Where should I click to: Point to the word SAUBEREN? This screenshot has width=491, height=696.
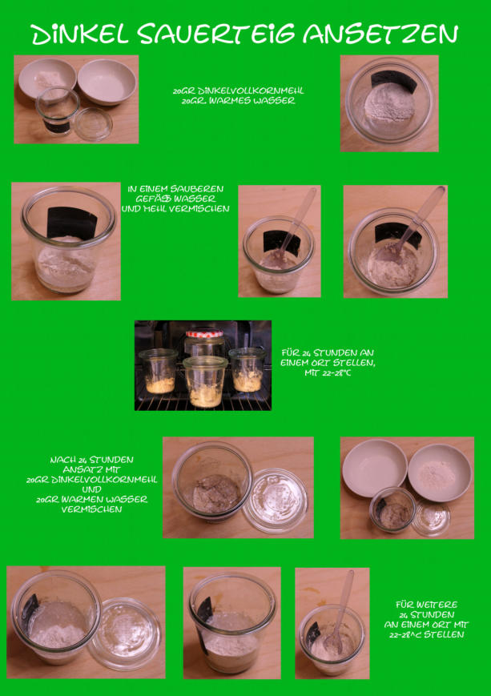click(197, 189)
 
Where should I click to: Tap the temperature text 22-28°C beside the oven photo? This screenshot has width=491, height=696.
click(328, 373)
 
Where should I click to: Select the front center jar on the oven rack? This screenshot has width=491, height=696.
click(205, 382)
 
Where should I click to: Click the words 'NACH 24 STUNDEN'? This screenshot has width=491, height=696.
click(91, 460)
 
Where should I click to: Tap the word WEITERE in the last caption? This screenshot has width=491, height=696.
click(426, 605)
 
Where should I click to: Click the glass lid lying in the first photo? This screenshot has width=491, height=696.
click(93, 123)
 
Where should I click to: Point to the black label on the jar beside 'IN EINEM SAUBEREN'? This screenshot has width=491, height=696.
click(72, 223)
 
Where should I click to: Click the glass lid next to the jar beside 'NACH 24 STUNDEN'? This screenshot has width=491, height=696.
click(276, 500)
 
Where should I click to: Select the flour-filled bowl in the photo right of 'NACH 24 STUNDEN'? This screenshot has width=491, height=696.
click(439, 473)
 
